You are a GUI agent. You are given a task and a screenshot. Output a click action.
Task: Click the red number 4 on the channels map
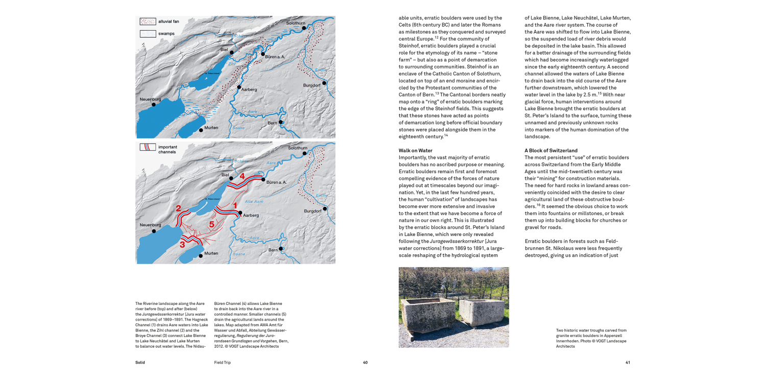pos(242,176)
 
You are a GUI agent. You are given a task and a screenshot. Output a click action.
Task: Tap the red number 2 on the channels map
pos(178,208)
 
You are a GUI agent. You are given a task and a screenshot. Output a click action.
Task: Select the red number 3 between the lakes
pos(182,245)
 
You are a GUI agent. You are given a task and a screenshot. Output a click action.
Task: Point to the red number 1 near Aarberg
pos(235,205)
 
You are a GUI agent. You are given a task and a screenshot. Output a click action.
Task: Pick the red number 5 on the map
pos(211,224)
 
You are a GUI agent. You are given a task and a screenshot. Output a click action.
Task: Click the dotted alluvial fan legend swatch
pos(148,21)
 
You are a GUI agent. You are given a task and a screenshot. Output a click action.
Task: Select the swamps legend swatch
pos(148,34)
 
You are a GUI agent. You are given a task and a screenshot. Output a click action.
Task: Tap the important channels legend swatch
pos(148,148)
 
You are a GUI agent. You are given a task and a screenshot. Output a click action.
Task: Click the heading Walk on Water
pos(415,151)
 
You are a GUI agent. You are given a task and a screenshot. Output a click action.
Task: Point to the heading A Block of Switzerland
pos(551,151)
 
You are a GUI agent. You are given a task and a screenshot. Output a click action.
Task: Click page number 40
pos(365,363)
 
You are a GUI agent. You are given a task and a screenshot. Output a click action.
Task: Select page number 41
pos(628,363)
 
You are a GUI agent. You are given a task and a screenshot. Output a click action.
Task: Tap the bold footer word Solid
pos(140,363)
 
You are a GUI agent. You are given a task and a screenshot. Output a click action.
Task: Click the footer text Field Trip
pos(222,363)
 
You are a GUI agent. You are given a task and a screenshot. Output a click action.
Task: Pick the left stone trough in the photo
pos(427,315)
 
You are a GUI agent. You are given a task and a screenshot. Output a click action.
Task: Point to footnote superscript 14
pos(445,135)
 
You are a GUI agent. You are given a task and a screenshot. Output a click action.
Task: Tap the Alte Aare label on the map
pos(254,202)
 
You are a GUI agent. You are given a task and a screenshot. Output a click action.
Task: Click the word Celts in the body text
pos(406,25)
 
